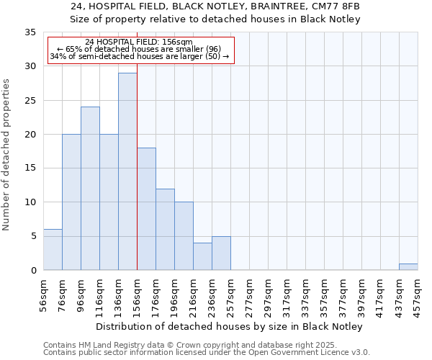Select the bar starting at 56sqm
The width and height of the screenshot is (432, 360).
point(53,249)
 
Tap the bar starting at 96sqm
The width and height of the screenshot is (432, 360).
point(90,188)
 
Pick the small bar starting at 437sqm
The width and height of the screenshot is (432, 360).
point(408,266)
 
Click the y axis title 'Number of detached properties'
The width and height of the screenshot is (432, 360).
point(8,155)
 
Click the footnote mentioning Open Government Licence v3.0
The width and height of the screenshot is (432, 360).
point(206,353)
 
